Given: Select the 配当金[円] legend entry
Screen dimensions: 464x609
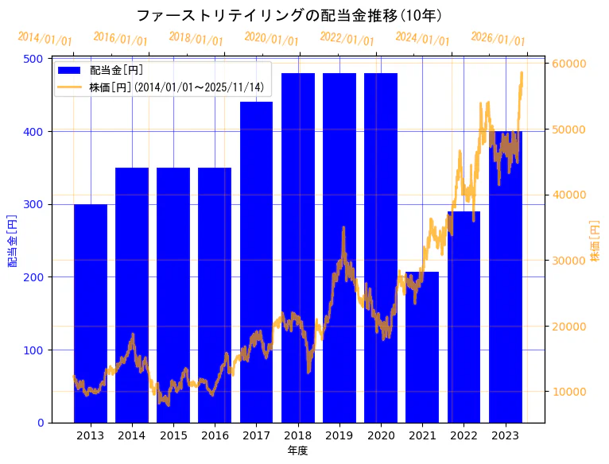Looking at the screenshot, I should coord(116,71).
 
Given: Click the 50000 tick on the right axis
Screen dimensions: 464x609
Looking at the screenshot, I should coord(569,130).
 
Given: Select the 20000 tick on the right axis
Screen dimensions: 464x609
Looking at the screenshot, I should coord(569,327).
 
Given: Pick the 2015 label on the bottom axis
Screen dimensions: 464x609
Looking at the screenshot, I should coord(173,435).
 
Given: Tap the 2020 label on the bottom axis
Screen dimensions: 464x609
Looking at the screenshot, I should coord(381,435).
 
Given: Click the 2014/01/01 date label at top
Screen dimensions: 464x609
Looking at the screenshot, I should coord(45,39).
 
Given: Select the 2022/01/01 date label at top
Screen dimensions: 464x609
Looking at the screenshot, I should coord(347,39).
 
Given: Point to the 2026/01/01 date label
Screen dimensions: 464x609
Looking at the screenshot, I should coord(498,39).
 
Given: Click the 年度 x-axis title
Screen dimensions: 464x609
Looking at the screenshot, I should coord(298,450).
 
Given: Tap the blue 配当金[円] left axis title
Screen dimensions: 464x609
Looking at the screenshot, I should coord(13,240).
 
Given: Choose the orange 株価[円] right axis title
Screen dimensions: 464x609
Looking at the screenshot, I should coord(595,240).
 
